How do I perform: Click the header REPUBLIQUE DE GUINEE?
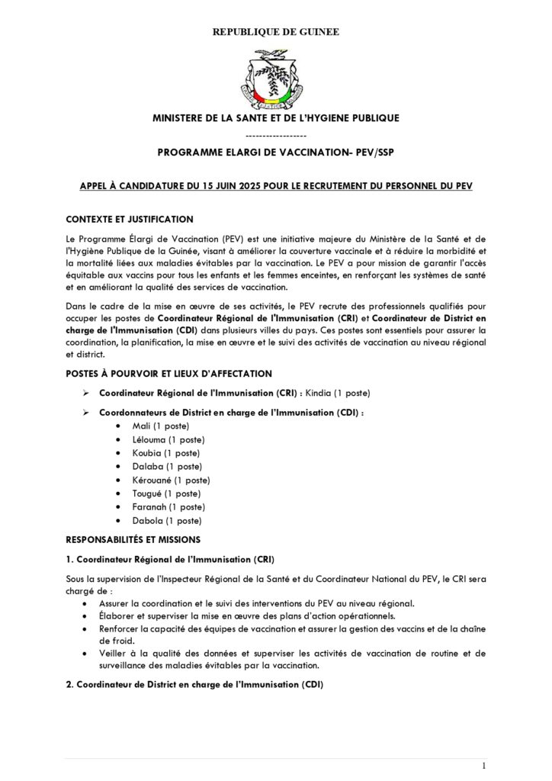pyautogui.click(x=276, y=32)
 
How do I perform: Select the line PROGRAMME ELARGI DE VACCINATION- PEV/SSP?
pyautogui.click(x=276, y=153)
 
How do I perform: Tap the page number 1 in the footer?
pyautogui.click(x=484, y=765)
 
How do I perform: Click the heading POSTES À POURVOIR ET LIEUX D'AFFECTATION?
pyautogui.click(x=168, y=373)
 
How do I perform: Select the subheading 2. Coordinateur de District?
pyautogui.click(x=194, y=685)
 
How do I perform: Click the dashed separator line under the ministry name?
pyautogui.click(x=276, y=135)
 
